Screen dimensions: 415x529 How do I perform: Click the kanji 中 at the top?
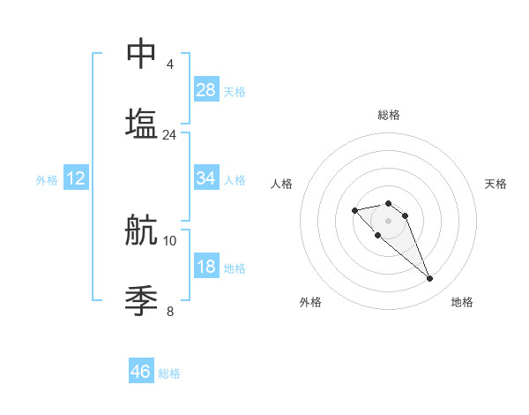[x=141, y=53]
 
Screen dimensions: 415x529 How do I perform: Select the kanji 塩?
[x=141, y=123]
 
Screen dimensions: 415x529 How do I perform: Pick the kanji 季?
[x=141, y=300]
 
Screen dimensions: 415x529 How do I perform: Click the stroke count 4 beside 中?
[x=169, y=64]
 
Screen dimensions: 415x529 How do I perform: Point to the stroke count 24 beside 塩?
[x=169, y=135]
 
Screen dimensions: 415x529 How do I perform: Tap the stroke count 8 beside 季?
[x=169, y=311]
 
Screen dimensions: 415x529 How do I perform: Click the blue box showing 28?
[x=206, y=90]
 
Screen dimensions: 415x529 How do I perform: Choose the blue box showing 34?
[x=206, y=178]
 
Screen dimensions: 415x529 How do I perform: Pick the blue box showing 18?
[x=206, y=267]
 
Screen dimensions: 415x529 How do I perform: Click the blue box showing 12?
[x=76, y=178]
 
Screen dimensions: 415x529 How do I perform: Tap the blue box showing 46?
[x=141, y=372]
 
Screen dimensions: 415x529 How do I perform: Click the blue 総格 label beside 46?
[x=169, y=373]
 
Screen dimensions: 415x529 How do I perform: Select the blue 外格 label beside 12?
[x=47, y=180]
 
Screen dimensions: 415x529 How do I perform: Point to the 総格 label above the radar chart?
[x=389, y=115]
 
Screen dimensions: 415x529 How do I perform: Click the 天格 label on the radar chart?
[x=495, y=184]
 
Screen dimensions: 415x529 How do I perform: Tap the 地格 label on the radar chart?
[x=462, y=302]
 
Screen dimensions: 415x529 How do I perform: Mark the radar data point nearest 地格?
[x=429, y=279]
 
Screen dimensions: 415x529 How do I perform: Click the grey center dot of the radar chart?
[x=388, y=221]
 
